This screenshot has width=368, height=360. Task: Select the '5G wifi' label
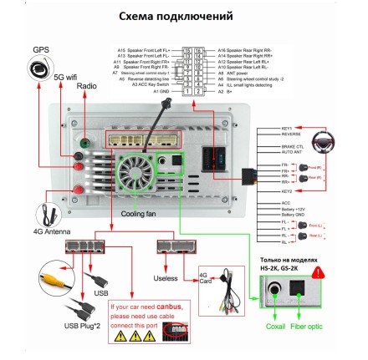68,77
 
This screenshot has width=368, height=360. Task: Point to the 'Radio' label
87,85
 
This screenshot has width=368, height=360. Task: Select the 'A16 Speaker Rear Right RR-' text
243,49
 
